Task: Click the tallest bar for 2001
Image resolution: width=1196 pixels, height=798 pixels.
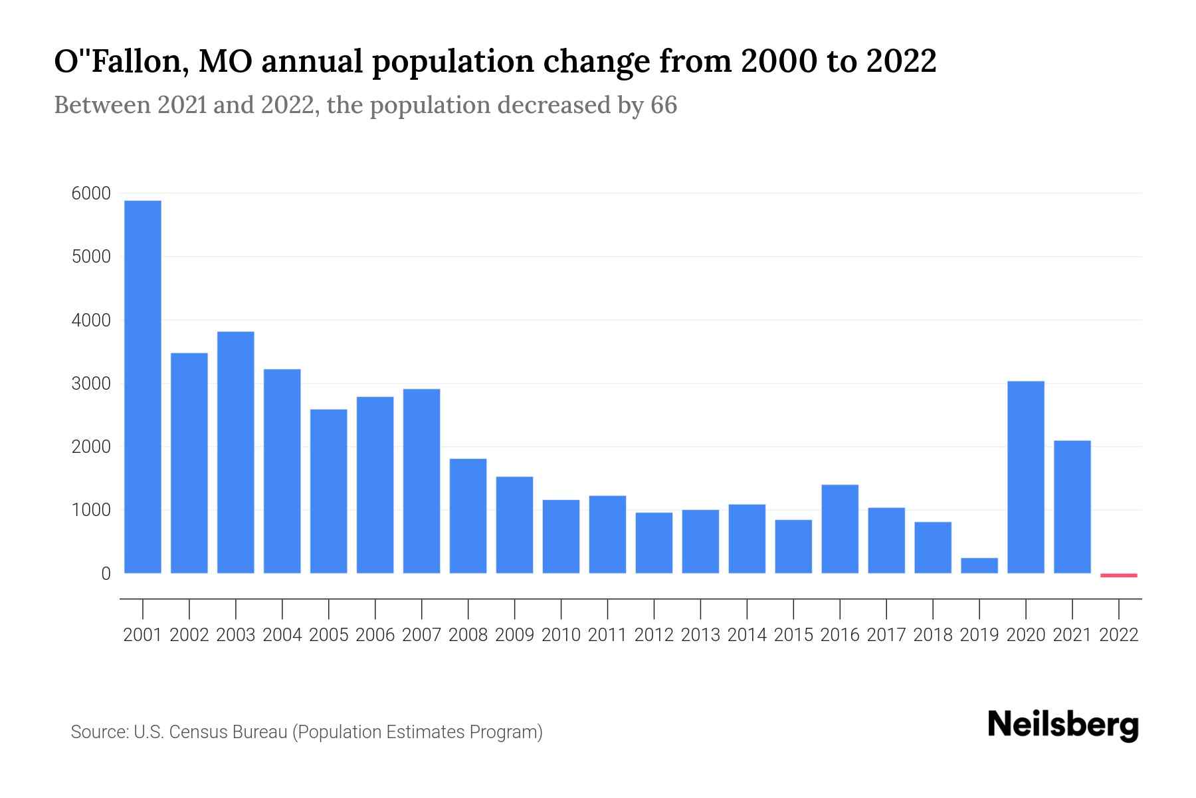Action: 143,386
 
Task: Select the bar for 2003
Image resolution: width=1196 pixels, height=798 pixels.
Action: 236,452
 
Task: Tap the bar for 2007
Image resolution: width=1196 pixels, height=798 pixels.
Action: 421,481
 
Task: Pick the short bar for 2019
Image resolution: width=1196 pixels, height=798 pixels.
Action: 979,565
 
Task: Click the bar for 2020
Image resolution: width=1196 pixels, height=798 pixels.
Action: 1026,477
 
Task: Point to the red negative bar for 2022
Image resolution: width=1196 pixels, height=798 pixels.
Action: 1119,575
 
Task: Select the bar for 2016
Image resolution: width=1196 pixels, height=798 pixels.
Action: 840,529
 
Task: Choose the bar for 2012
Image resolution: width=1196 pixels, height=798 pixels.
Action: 654,543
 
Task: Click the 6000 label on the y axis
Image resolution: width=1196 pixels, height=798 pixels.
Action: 90,194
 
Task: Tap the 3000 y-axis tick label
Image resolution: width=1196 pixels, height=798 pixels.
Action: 90,384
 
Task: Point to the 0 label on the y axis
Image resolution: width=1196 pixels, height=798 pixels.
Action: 106,573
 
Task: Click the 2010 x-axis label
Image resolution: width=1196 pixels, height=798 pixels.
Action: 561,635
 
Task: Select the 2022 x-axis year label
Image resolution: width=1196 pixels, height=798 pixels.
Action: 1119,635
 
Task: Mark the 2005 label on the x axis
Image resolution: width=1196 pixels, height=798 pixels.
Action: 329,635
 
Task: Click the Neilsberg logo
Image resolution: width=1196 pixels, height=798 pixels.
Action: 1063,725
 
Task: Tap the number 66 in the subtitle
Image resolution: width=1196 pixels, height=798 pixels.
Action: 663,105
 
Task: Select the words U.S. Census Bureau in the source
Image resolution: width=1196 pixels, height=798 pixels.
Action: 211,732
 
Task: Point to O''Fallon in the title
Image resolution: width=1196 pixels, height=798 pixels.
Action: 115,61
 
